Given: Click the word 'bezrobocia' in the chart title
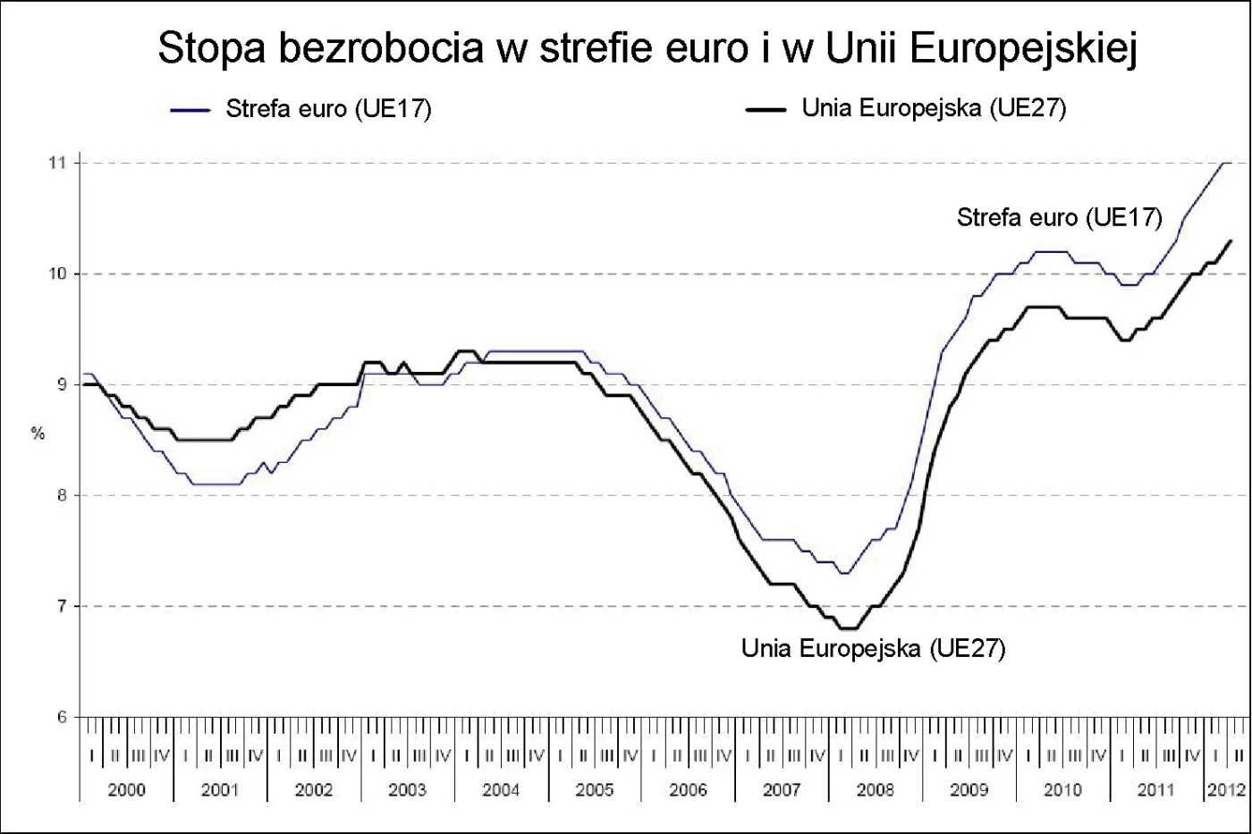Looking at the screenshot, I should [381, 48].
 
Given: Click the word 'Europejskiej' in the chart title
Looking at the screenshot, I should [1023, 48].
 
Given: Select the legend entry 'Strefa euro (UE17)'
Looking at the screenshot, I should [328, 109].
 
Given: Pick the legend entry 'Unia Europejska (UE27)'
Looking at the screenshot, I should [934, 108].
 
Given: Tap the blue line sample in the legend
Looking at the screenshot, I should [190, 110].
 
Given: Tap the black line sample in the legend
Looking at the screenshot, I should [766, 110].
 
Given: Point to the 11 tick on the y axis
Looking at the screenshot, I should [58, 163].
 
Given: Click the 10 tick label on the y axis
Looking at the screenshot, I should [58, 274].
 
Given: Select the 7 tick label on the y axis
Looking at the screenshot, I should [62, 606].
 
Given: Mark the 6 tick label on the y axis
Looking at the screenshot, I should [62, 717].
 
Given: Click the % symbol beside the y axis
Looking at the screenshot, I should [38, 434].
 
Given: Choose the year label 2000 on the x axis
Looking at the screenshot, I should [126, 790].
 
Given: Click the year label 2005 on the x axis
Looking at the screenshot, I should [595, 790].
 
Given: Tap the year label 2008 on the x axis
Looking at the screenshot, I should [875, 790].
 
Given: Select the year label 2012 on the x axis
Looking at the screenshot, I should [1226, 790].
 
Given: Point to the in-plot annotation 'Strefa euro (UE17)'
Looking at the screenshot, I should [1059, 217].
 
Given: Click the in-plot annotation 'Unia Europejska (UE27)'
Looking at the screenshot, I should [873, 648].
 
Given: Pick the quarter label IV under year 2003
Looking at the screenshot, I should [443, 756].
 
